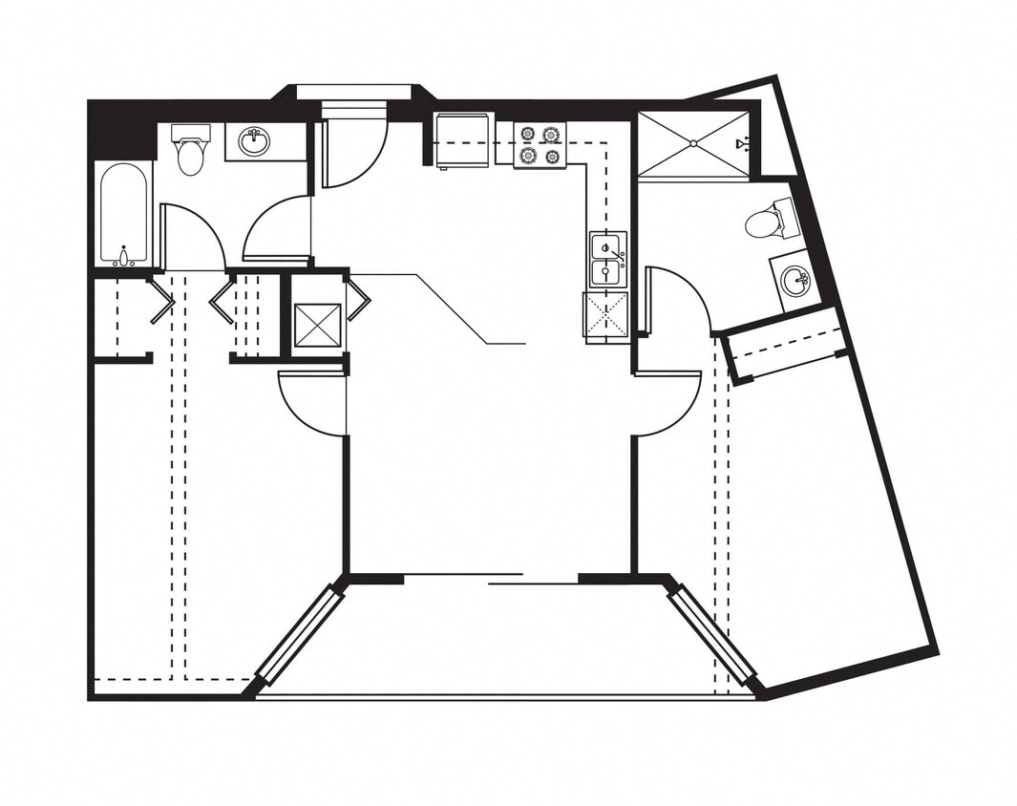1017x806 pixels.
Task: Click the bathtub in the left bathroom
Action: pyautogui.click(x=124, y=212)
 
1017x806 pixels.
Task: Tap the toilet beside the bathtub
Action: pyautogui.click(x=191, y=151)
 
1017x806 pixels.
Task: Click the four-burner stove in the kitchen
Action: pyautogui.click(x=540, y=145)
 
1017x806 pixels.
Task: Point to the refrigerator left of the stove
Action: pyautogui.click(x=462, y=140)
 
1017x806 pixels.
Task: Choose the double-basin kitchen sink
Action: pyautogui.click(x=607, y=260)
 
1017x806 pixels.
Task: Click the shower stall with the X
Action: pyautogui.click(x=693, y=144)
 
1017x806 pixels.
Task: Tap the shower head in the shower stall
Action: pyautogui.click(x=742, y=144)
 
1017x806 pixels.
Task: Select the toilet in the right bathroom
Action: pyautogui.click(x=768, y=223)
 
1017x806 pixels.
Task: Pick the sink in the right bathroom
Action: pyautogui.click(x=795, y=281)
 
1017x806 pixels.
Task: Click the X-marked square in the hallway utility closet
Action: pyautogui.click(x=317, y=325)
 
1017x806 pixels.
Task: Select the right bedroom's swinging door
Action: pyautogui.click(x=667, y=401)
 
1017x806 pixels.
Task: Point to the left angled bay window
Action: pyautogui.click(x=300, y=634)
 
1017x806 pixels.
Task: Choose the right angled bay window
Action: pyautogui.click(x=711, y=634)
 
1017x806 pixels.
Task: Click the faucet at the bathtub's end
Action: pyautogui.click(x=124, y=255)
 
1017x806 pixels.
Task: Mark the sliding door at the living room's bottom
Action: pyautogui.click(x=492, y=579)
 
